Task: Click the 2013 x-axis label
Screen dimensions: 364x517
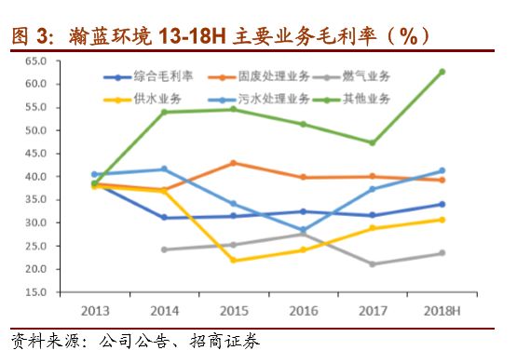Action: pyautogui.click(x=94, y=309)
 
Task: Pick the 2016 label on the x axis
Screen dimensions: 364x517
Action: pyautogui.click(x=303, y=309)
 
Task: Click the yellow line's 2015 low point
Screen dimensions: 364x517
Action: pyautogui.click(x=233, y=260)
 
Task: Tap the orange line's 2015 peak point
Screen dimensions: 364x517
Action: pyautogui.click(x=233, y=163)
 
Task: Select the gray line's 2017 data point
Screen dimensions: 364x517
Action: pyautogui.click(x=373, y=264)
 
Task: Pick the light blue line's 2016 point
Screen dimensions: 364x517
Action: pyautogui.click(x=303, y=230)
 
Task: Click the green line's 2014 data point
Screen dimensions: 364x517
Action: pyautogui.click(x=164, y=112)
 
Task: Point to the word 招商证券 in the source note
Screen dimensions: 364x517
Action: pyautogui.click(x=224, y=342)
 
